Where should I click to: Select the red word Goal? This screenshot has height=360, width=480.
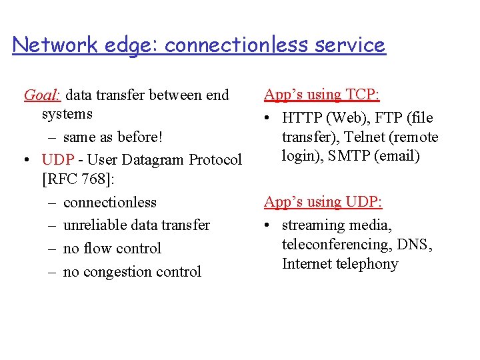pos(43,95)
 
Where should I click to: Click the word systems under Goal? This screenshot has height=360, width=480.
pos(67,114)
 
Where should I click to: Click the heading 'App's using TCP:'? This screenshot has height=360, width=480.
pos(322,95)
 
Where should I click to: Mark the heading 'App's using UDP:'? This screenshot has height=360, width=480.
pos(323,202)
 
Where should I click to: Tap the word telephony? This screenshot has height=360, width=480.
pos(365,264)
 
